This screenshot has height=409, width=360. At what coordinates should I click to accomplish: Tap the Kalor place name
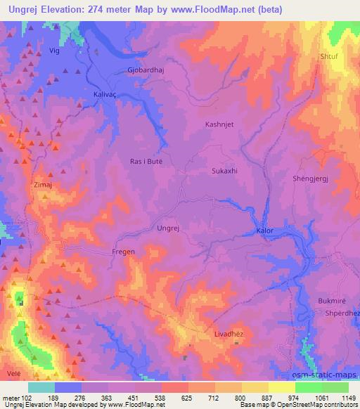(264, 230)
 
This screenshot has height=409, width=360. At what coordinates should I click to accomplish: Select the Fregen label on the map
(123, 251)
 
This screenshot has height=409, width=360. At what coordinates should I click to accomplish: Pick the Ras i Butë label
(146, 161)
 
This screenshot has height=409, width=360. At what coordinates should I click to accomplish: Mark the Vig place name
(53, 51)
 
